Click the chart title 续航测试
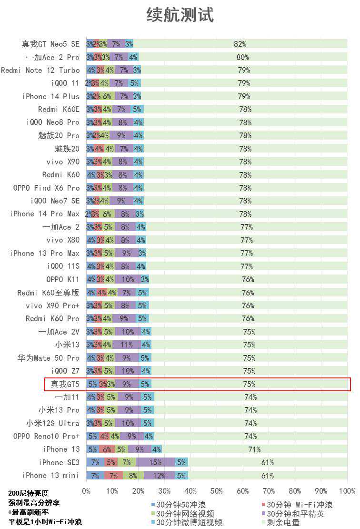[x=180, y=15]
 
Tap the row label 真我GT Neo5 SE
[x=50, y=44]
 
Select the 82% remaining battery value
[x=240, y=44]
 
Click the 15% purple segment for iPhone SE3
[x=155, y=462]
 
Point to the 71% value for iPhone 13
[x=254, y=449]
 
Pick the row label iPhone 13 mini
[x=51, y=475]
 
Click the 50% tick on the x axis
[x=217, y=491]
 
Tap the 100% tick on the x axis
[x=347, y=491]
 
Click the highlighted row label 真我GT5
[x=65, y=384]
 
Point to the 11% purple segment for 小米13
[x=126, y=345]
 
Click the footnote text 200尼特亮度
[x=28, y=493]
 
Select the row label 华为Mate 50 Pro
[x=49, y=358]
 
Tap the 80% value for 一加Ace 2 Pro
[x=243, y=57]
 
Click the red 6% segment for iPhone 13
[x=107, y=449]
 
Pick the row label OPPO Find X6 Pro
[x=47, y=188]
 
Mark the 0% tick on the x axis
[x=86, y=491]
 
